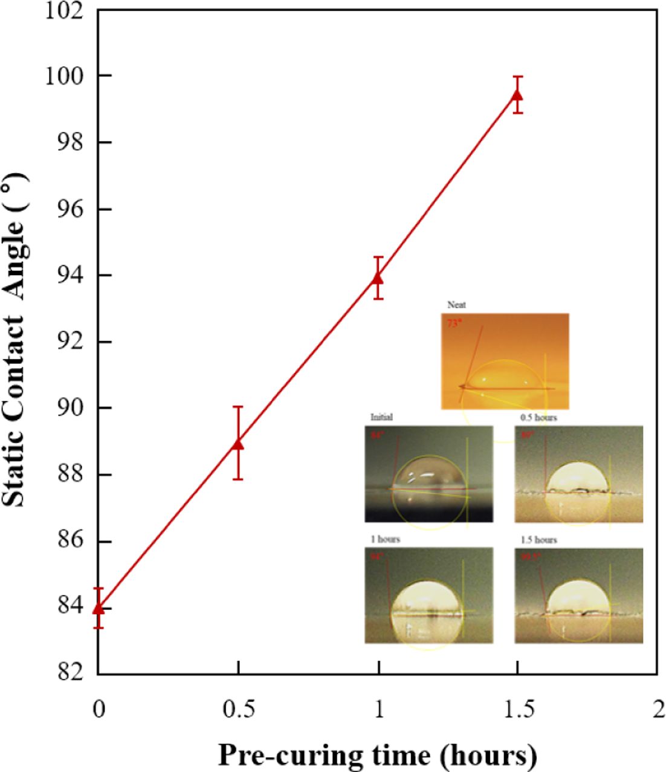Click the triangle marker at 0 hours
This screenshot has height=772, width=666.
(x=99, y=607)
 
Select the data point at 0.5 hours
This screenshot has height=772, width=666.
(x=238, y=444)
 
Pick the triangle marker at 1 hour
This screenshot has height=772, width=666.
(x=378, y=277)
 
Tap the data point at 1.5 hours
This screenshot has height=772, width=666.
(x=517, y=95)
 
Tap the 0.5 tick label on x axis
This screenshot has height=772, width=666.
(x=238, y=709)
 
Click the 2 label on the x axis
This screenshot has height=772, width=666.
(x=658, y=709)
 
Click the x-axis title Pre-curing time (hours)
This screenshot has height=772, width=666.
(x=377, y=754)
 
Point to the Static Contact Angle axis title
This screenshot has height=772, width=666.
(x=15, y=339)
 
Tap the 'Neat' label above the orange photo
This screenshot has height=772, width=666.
(x=456, y=305)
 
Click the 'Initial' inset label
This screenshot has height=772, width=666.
(x=381, y=417)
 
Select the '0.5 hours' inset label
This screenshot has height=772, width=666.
(x=538, y=417)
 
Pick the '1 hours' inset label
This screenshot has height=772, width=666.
(x=386, y=539)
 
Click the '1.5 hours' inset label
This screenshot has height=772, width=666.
(x=538, y=539)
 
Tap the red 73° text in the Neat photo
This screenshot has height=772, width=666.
(x=454, y=323)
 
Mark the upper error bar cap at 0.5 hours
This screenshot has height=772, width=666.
(x=238, y=407)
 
